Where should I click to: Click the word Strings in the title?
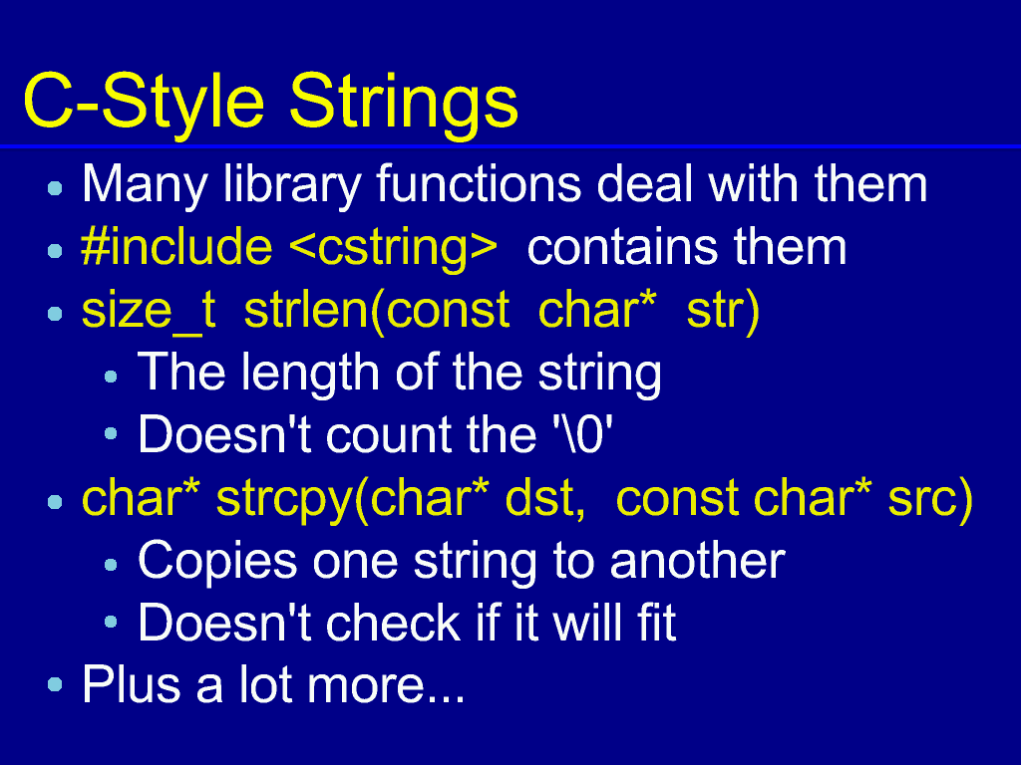click(403, 104)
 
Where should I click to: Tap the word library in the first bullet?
click(291, 186)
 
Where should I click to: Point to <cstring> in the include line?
click(392, 250)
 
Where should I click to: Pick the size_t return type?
click(149, 311)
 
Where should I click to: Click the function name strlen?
click(306, 310)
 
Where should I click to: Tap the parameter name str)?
click(724, 311)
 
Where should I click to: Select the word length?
click(310, 375)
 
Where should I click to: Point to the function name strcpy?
click(284, 500)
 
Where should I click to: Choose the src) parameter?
click(930, 500)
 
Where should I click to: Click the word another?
click(697, 561)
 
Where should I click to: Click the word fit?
click(656, 624)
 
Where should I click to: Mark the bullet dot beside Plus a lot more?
click(56, 684)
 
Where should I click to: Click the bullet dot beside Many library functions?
click(56, 188)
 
